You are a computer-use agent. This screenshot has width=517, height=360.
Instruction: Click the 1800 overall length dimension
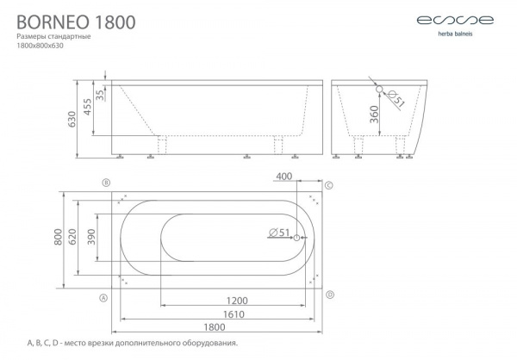[215, 327]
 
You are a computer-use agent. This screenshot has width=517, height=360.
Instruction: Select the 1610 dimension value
[234, 314]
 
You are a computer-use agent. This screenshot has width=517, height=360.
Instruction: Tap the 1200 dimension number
[237, 301]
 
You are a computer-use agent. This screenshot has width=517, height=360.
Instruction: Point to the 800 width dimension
[58, 237]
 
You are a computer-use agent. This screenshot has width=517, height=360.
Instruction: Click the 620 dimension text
[72, 237]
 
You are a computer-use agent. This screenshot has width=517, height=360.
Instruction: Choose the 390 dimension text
[91, 237]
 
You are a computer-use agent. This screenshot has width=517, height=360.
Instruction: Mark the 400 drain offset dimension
[283, 177]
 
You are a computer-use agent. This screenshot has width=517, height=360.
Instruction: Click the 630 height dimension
[72, 119]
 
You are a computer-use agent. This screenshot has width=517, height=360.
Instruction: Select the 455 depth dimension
[87, 107]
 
